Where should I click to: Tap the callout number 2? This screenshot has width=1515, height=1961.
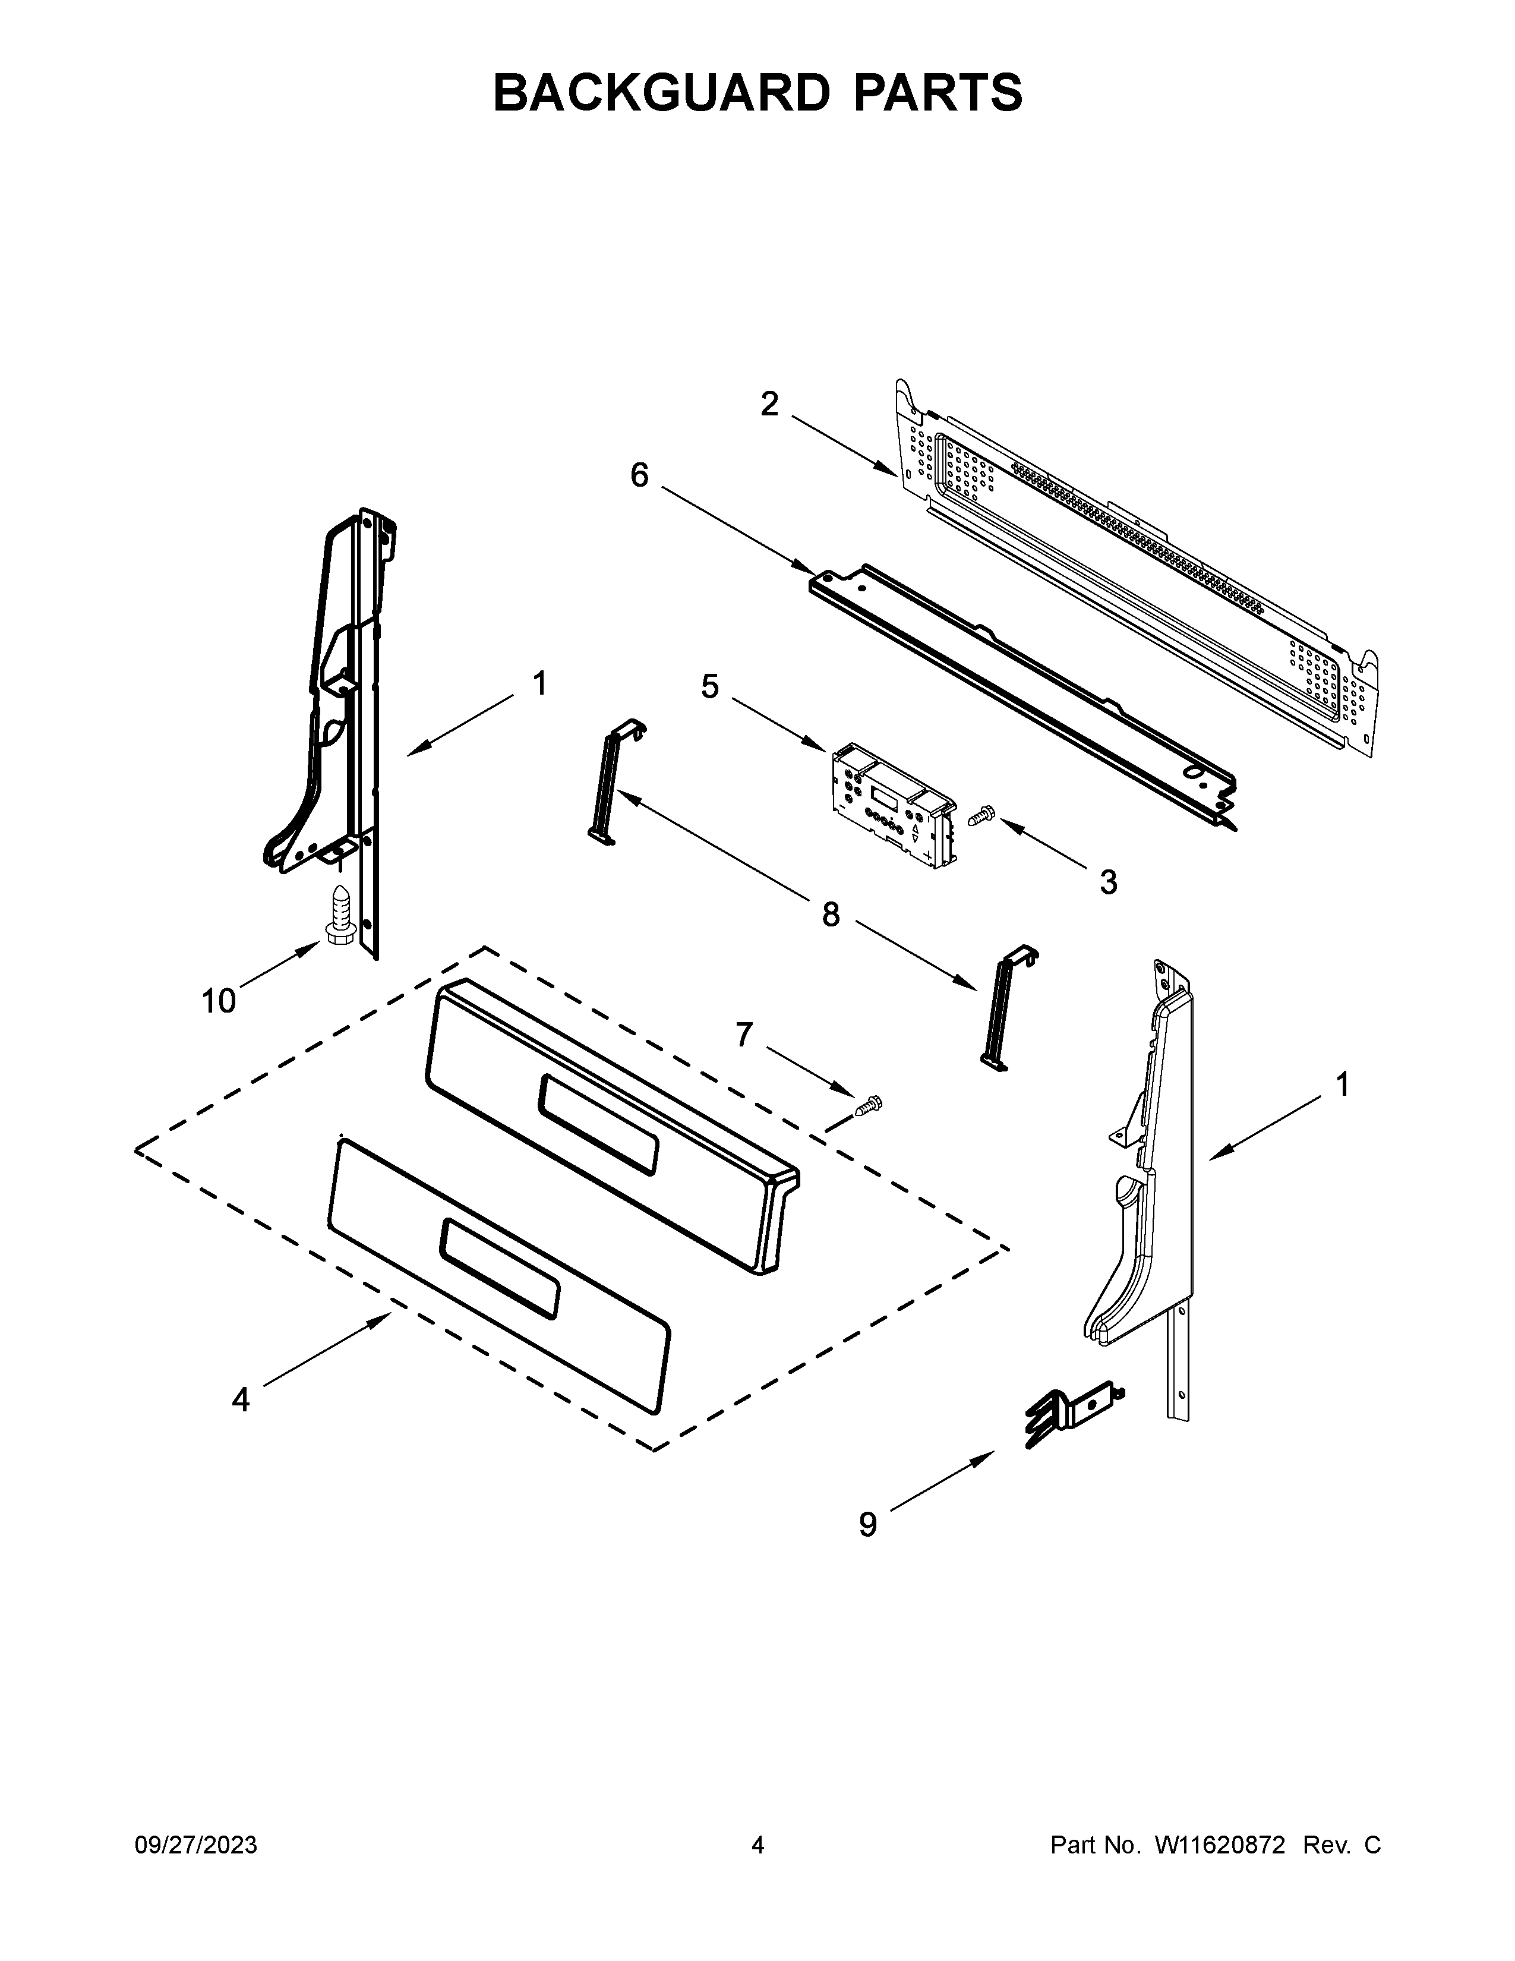(x=769, y=405)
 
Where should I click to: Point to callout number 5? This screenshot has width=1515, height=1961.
(x=710, y=687)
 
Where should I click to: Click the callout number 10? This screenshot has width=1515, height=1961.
(x=218, y=1000)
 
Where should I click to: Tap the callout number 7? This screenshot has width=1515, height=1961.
(x=743, y=1035)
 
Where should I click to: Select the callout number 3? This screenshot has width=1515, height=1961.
(x=1109, y=882)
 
